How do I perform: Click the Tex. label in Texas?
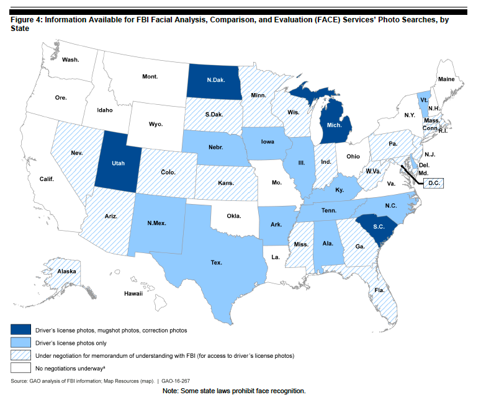click(x=216, y=262)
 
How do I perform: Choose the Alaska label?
click(x=67, y=272)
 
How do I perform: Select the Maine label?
click(x=446, y=79)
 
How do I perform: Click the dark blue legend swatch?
click(x=22, y=330)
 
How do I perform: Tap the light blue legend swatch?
click(x=22, y=343)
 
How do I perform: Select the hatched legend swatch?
click(x=22, y=355)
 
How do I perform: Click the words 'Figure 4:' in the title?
click(x=27, y=20)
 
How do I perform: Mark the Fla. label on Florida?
click(x=379, y=289)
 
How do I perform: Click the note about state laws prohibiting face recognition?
click(x=234, y=391)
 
